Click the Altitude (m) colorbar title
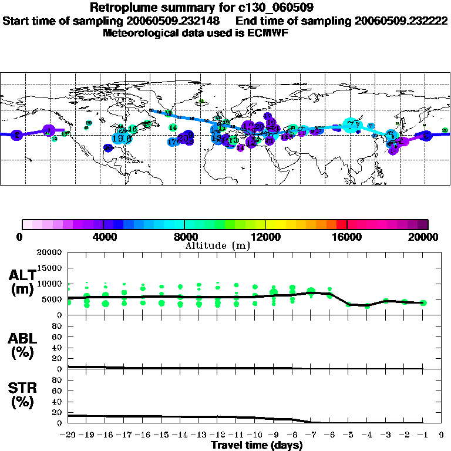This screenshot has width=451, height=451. pyautogui.click(x=217, y=245)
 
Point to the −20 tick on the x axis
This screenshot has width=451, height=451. pyautogui.click(x=68, y=435)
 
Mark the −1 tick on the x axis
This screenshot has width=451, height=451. pyautogui.click(x=423, y=435)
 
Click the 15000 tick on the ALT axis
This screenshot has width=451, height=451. pyautogui.click(x=52, y=268)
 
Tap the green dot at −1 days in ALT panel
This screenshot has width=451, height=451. pyautogui.click(x=423, y=302)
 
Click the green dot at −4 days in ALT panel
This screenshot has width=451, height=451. pyautogui.click(x=367, y=305)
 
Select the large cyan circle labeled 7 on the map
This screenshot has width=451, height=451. pyautogui.click(x=351, y=124)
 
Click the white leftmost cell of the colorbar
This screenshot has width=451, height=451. pyautogui.click(x=27, y=224)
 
